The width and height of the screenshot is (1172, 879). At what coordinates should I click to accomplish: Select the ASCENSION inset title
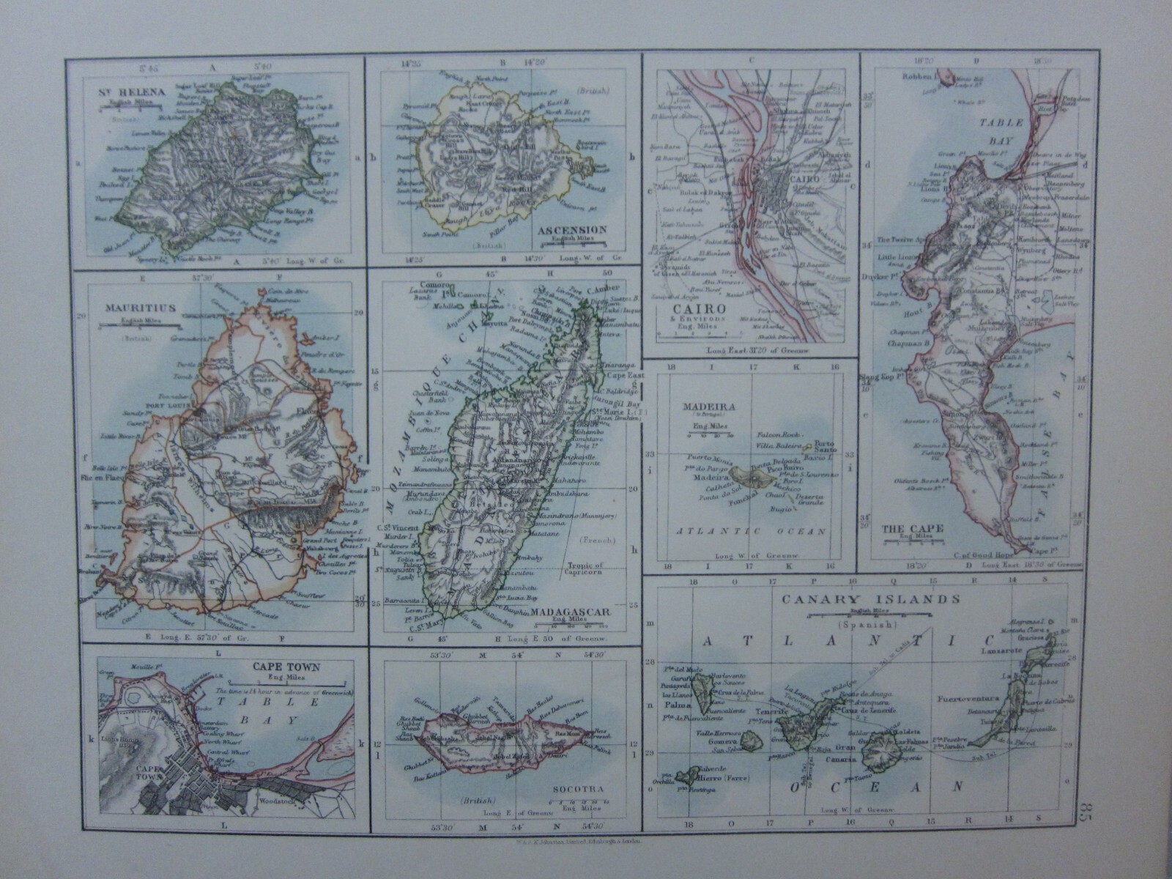pos(573,230)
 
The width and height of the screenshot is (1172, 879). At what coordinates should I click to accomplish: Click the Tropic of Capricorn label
pos(590,569)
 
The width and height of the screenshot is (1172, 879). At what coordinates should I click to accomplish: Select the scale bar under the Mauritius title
pos(129,325)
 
